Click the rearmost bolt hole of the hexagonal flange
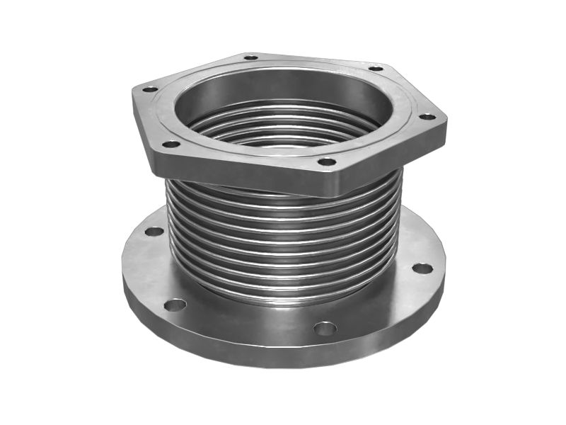[x=250, y=57]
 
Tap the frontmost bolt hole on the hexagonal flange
[x=326, y=162]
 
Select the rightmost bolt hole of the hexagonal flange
[x=427, y=117]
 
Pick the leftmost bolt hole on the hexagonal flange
[x=150, y=89]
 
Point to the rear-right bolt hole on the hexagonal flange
[x=376, y=69]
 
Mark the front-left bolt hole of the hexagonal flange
[x=171, y=144]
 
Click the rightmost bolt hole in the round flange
[x=422, y=268]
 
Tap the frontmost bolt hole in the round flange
[x=325, y=329]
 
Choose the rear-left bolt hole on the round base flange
[x=154, y=232]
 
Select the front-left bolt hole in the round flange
[x=175, y=305]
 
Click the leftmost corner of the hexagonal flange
[x=134, y=91]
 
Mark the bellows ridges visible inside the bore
[x=283, y=127]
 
